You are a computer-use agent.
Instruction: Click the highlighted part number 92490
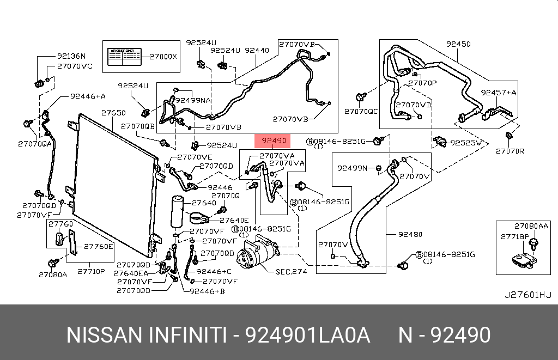click(x=274, y=142)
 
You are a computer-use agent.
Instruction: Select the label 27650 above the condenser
click(x=113, y=113)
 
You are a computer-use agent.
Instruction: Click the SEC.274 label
click(x=291, y=271)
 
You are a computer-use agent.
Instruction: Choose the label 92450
click(x=458, y=44)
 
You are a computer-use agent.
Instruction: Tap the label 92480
click(x=410, y=235)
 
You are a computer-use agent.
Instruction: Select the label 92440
click(x=257, y=50)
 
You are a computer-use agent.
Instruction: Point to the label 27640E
click(x=234, y=220)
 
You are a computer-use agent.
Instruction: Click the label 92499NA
click(x=193, y=100)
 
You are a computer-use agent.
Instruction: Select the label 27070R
click(x=510, y=151)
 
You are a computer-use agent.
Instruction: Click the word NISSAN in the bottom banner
click(x=103, y=334)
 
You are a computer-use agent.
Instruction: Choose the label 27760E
click(x=98, y=246)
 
